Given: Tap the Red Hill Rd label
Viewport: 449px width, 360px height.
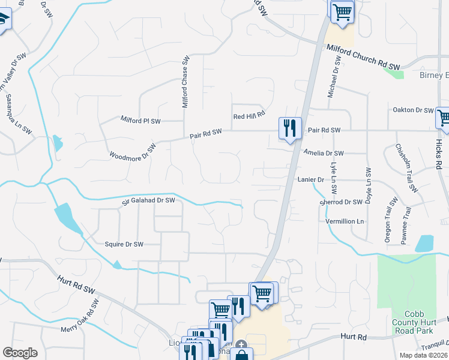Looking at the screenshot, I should click(x=249, y=116).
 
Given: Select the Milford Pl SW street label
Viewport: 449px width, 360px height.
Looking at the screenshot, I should click(x=140, y=120).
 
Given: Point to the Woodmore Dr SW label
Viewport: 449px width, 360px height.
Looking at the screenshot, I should click(x=132, y=151).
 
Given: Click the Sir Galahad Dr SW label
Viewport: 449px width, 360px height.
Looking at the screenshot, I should click(x=148, y=200).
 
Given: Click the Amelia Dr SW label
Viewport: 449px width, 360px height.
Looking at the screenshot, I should click(x=324, y=153).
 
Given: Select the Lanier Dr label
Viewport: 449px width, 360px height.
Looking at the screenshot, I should click(x=310, y=179).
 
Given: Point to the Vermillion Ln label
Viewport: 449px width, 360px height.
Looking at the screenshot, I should click(x=345, y=221).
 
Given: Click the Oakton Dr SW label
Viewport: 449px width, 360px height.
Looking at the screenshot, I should click(x=412, y=110).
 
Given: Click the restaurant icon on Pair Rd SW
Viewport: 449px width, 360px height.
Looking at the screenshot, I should click(x=290, y=127).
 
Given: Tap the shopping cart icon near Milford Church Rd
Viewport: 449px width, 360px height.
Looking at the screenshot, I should click(x=342, y=10).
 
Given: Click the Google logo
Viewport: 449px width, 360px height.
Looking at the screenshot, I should click(x=20, y=353).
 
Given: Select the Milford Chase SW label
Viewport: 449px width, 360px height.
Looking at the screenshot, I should click(x=185, y=83).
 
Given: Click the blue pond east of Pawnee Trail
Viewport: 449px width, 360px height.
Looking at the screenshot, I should click(x=424, y=243).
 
